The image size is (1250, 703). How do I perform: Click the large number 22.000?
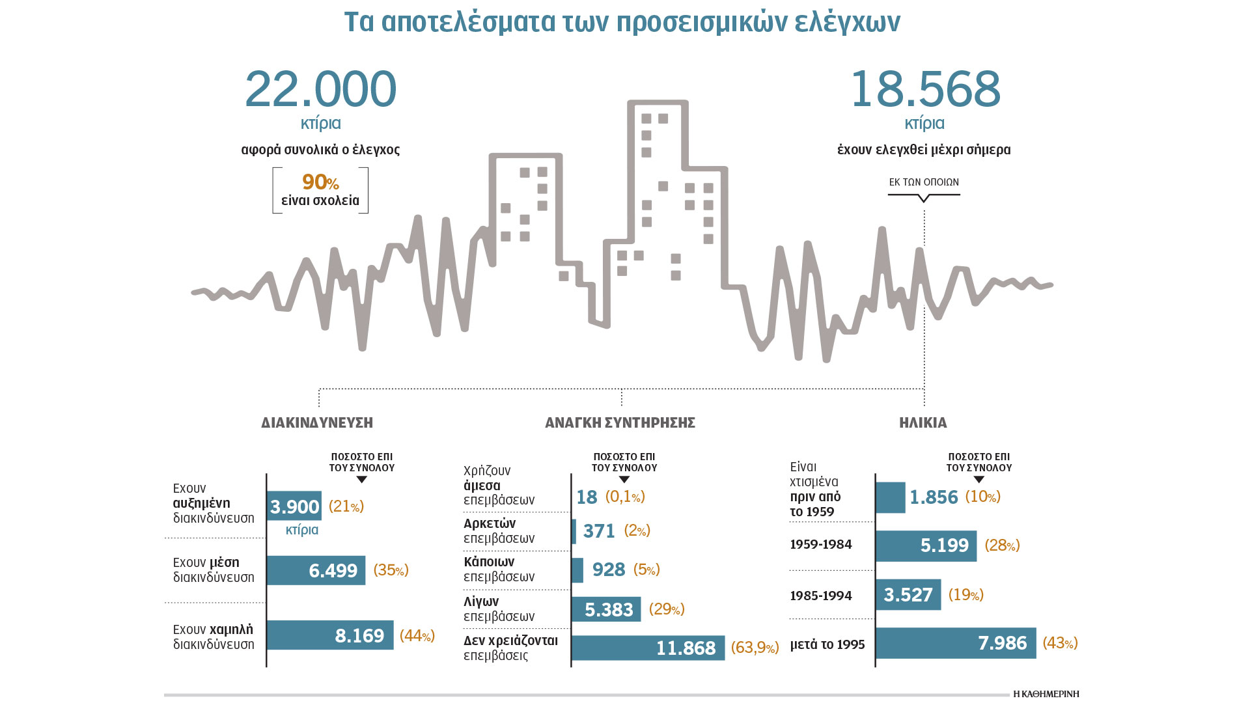[x=320, y=89]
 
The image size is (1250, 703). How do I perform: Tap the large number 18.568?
[x=924, y=89]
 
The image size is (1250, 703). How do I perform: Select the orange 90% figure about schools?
[x=320, y=182]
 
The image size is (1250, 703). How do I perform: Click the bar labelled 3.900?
[x=294, y=506]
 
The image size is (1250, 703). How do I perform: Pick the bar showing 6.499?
[x=316, y=570]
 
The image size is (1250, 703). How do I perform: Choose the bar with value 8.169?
[x=330, y=635]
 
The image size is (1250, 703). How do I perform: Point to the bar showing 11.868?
[x=648, y=648]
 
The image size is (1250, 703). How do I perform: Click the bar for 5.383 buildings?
[x=606, y=609]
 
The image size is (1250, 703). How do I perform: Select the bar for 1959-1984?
[x=926, y=545]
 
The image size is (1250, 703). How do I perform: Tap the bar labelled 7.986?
[x=956, y=643]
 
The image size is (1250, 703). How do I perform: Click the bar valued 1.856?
[x=891, y=497]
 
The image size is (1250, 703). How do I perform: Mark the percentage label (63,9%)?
[x=755, y=648]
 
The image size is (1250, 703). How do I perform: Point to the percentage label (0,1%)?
[x=625, y=497]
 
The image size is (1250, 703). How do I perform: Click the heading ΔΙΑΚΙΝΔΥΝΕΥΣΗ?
[x=317, y=423]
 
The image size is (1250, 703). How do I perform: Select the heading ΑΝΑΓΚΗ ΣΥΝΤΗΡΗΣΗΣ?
[x=620, y=423]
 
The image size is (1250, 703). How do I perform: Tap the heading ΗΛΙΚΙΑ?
[x=923, y=423]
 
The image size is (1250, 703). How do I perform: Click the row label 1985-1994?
[x=820, y=596]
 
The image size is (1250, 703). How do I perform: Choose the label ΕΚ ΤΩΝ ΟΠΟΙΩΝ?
[x=924, y=182]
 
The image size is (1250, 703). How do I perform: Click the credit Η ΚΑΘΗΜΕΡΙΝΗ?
[x=1046, y=694]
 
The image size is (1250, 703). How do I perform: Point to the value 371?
[x=599, y=531]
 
